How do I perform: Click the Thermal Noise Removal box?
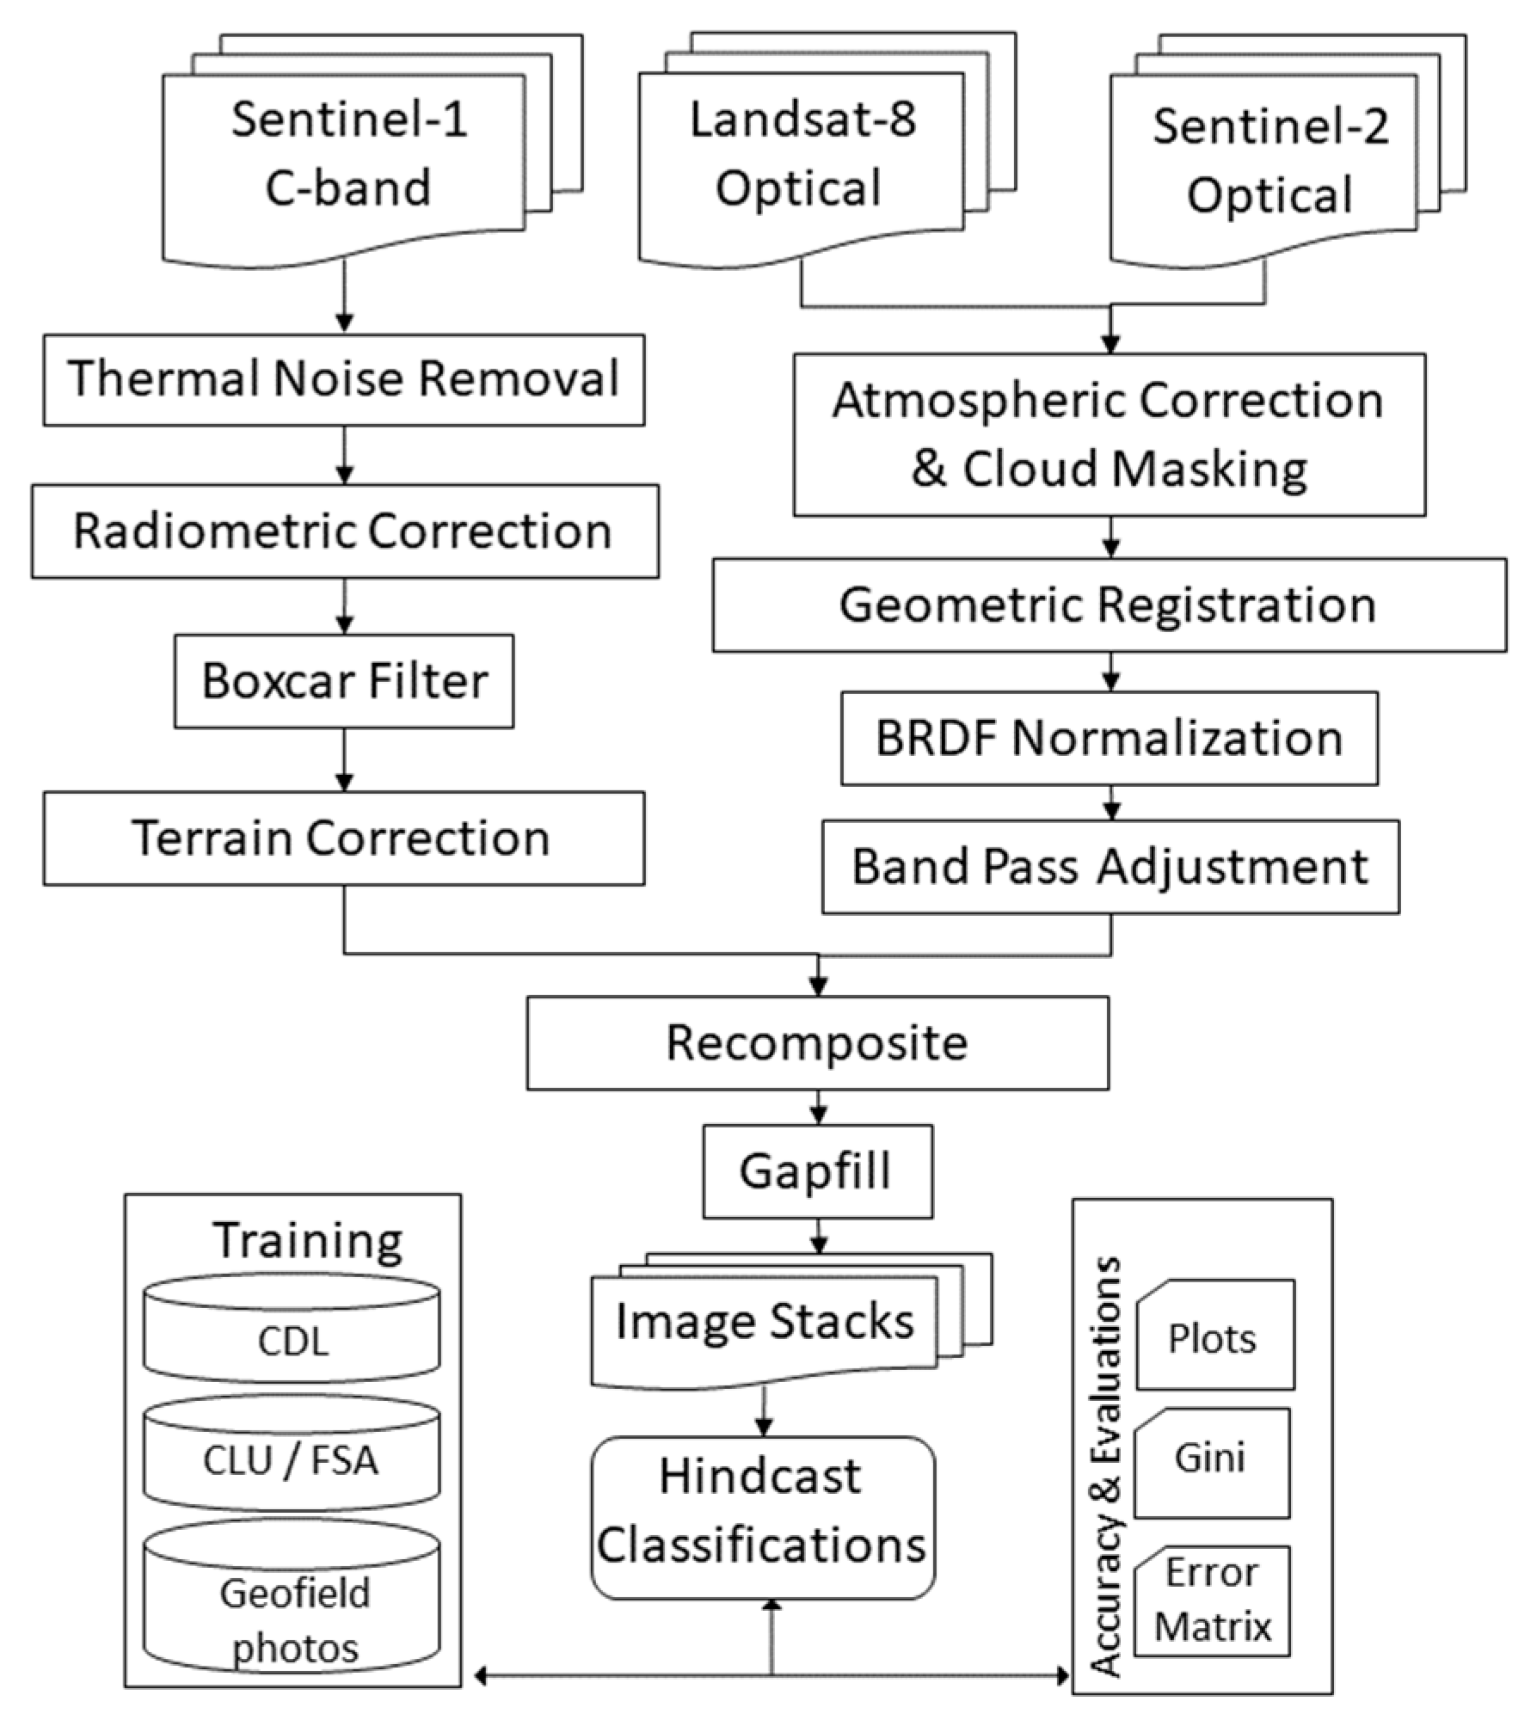click(x=343, y=379)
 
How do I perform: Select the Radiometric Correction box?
click(x=345, y=531)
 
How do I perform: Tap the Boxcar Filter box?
click(x=343, y=681)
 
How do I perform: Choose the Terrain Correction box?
click(x=343, y=838)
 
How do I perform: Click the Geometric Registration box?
click(x=1109, y=605)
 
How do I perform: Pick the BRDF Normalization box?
click(x=1109, y=738)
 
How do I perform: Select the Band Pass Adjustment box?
click(x=1110, y=866)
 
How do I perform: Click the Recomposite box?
click(x=817, y=1042)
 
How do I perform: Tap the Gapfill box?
click(x=817, y=1170)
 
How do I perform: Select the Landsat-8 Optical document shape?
click(x=801, y=155)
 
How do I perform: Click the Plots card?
click(x=1214, y=1337)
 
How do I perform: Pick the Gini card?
click(x=1211, y=1459)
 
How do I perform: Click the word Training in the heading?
click(x=307, y=1240)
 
